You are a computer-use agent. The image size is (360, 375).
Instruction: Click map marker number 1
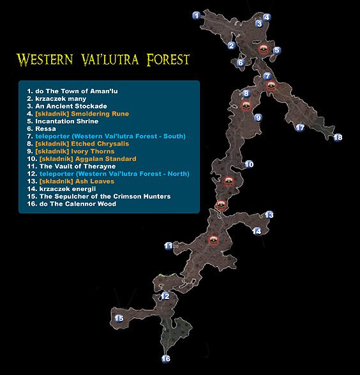point(197,15)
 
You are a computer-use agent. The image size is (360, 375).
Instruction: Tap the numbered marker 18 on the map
point(338,137)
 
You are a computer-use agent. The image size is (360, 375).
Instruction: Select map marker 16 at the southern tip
point(166,359)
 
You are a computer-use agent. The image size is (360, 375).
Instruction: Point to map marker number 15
point(119,319)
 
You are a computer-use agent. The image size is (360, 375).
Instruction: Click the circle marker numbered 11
point(168,245)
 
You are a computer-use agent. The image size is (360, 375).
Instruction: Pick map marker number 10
point(250,165)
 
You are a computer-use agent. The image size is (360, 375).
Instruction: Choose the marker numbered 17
point(300,128)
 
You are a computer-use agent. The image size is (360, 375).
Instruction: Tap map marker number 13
point(269,215)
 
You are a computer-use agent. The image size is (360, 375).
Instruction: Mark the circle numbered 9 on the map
point(259,118)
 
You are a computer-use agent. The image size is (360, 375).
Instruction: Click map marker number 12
point(165,296)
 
